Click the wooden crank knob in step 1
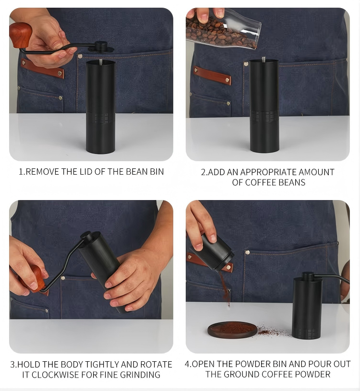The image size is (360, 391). [x=21, y=35]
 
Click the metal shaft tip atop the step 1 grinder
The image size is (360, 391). [x=100, y=61]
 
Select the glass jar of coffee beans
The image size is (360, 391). [x=223, y=28]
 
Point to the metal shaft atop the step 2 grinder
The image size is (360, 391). [x=264, y=59]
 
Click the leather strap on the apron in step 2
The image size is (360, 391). [x=212, y=75]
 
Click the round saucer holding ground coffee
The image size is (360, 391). [x=232, y=330]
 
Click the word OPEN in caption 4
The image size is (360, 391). [x=203, y=364]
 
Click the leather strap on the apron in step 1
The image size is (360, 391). [x=42, y=68]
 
